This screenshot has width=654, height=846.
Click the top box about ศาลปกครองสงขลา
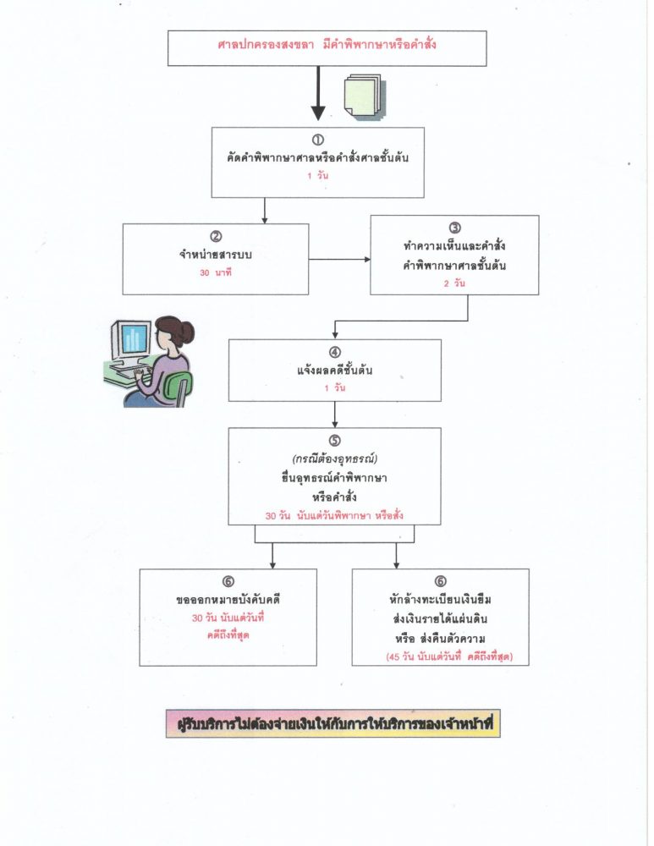327,47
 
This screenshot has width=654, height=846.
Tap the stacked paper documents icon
363,96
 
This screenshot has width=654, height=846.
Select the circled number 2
215,236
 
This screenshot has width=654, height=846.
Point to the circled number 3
454,228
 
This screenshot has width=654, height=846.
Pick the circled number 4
335,352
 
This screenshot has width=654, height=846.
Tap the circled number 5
334,441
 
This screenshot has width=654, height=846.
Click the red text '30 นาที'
215,273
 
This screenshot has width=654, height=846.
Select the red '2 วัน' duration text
454,285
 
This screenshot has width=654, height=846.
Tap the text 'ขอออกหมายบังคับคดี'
228,601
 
